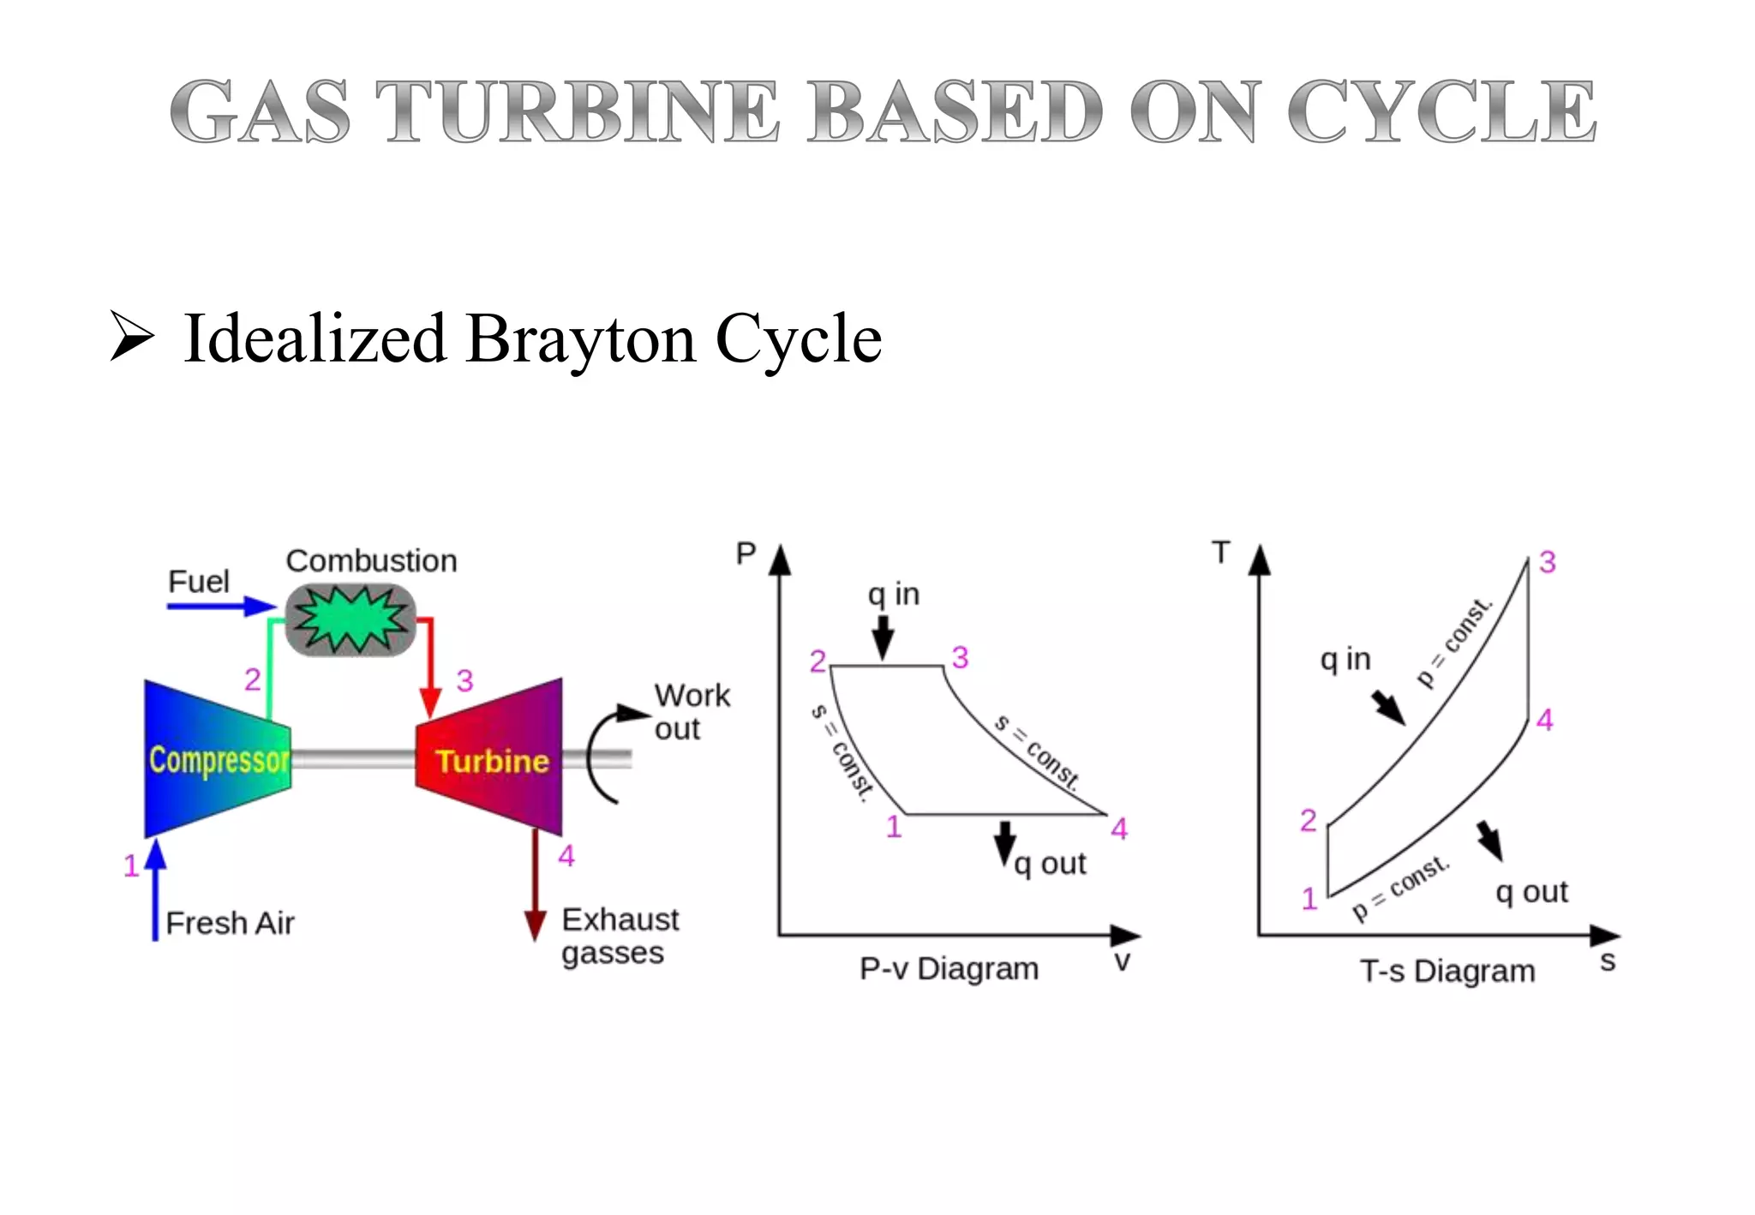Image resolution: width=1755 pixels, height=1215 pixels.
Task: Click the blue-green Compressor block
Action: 218,758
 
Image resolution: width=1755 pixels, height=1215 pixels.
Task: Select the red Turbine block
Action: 491,759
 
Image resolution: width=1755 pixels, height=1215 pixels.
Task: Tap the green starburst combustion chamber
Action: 350,619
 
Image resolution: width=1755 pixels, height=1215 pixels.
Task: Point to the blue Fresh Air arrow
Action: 155,891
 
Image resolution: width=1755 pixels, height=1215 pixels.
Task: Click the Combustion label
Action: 371,560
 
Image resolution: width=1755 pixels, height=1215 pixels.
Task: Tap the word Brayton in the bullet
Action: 581,338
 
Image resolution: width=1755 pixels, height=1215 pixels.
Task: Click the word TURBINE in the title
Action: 577,111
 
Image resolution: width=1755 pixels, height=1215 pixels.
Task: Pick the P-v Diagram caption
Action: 949,969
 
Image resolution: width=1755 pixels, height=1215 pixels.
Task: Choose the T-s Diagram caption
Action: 1447,971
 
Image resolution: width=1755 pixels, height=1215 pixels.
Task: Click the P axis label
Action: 746,554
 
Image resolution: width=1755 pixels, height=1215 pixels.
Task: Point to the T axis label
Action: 1221,553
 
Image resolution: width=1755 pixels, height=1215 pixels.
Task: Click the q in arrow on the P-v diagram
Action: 883,637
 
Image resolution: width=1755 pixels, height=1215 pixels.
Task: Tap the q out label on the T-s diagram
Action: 1531,892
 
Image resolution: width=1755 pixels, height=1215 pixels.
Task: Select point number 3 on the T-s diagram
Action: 1547,562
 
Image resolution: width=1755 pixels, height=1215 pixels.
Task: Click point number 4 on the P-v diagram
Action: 1119,829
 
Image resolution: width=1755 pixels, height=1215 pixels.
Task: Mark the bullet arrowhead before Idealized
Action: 132,337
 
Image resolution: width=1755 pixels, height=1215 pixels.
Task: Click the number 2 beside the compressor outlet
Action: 252,679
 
